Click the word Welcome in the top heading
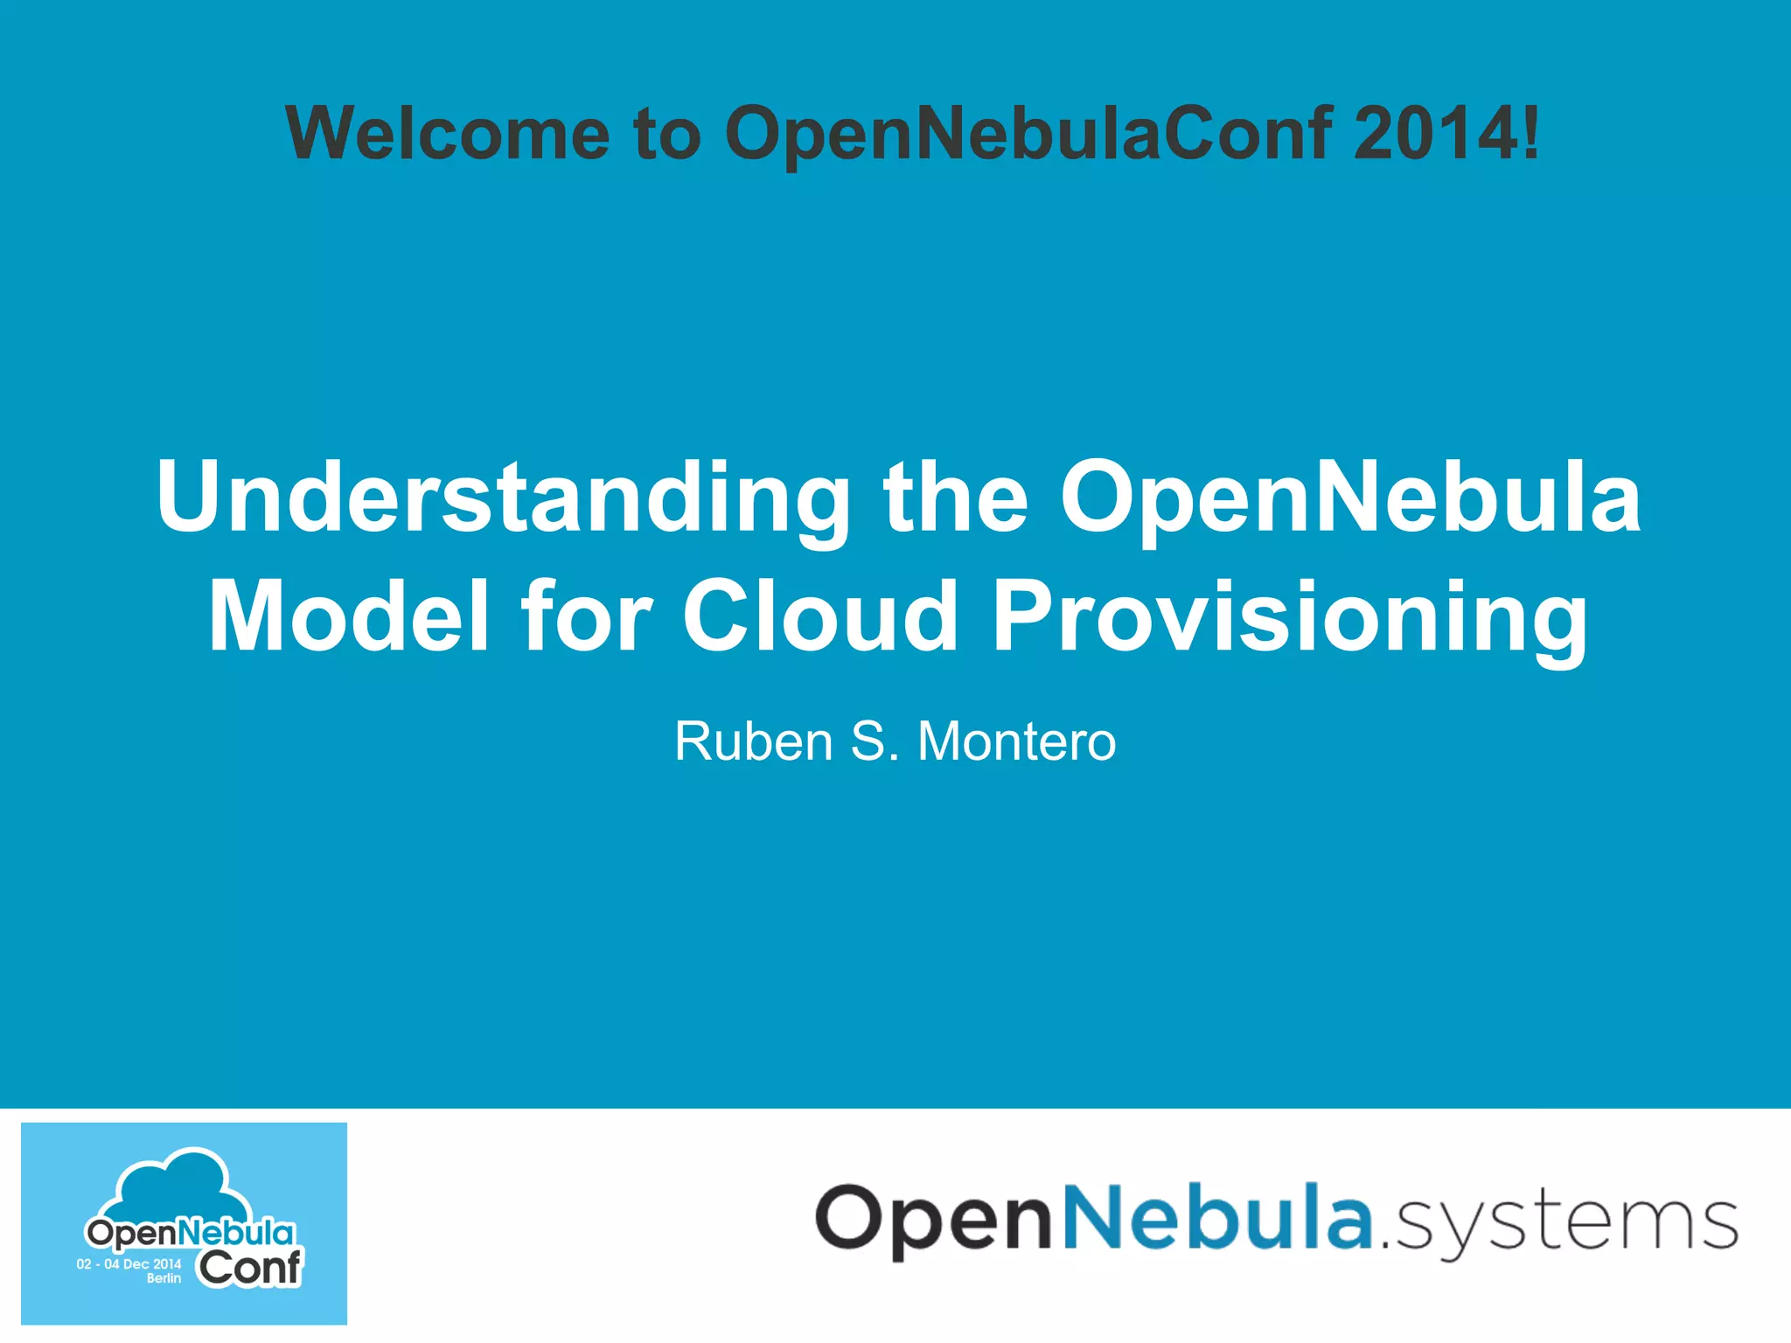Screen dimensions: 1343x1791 [x=448, y=134]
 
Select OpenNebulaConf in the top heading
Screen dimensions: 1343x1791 [x=1028, y=134]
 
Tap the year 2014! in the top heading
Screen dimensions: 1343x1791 [x=1446, y=134]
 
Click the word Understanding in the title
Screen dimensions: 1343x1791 [x=503, y=498]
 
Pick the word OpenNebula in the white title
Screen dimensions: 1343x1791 [x=1350, y=498]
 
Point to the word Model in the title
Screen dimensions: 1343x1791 [x=348, y=616]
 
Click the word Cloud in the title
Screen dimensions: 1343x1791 [x=820, y=616]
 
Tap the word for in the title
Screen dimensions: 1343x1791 [x=586, y=616]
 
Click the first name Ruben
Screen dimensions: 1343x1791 [x=754, y=741]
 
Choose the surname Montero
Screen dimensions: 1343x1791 [x=1016, y=741]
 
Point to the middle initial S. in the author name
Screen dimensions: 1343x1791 [x=875, y=741]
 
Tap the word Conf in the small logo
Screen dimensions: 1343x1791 [x=249, y=1268]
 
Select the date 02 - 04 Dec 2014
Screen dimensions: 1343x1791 [x=129, y=1264]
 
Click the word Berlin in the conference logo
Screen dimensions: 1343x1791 [x=164, y=1278]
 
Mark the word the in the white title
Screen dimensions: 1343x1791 [x=955, y=498]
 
